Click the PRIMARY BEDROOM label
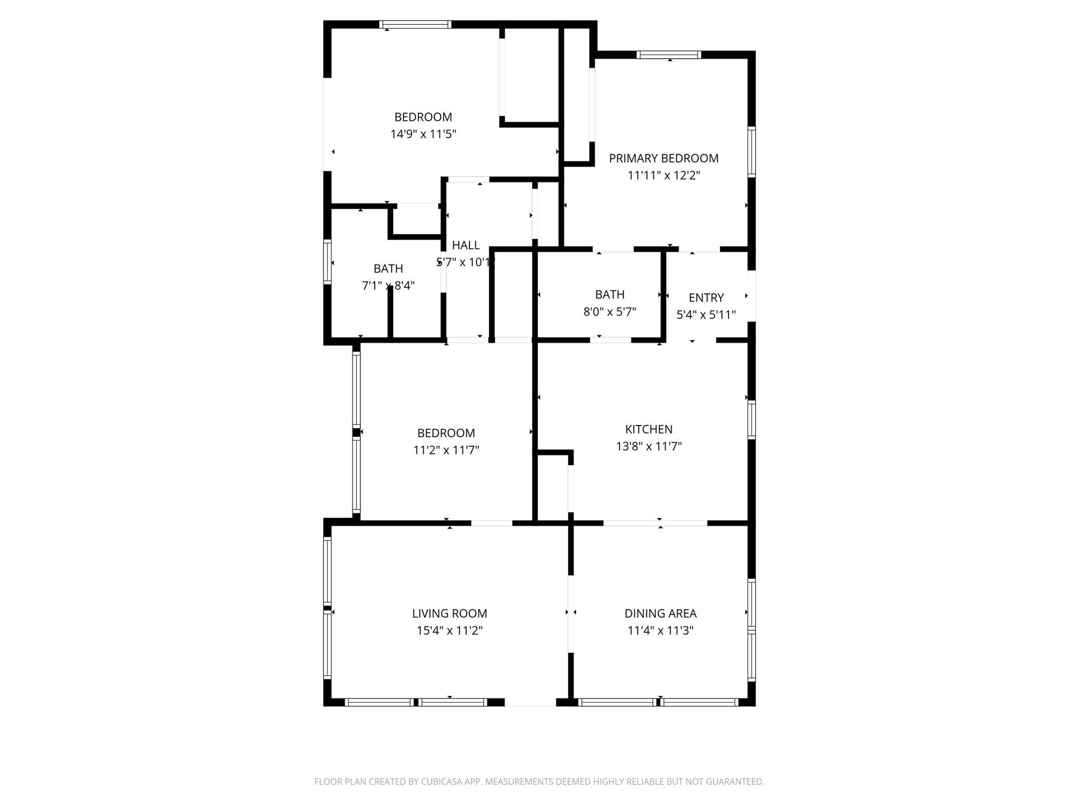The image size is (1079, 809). (663, 158)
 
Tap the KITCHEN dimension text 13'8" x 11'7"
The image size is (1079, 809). (649, 447)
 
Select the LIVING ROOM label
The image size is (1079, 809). (449, 613)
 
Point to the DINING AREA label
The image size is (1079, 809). (660, 613)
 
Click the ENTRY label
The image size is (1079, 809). (706, 298)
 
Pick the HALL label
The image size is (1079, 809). (466, 245)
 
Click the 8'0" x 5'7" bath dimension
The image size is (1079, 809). (610, 312)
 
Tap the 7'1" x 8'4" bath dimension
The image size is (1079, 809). (388, 285)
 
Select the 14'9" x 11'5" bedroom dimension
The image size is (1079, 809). (423, 134)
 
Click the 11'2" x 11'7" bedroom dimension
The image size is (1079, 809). (446, 450)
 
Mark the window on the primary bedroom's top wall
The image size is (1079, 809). (669, 55)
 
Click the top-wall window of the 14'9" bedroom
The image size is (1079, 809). (415, 24)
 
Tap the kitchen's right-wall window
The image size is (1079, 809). (752, 420)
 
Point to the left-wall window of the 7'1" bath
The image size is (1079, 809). (327, 262)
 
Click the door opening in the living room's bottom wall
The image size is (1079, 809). (530, 702)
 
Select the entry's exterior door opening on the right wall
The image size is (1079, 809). (752, 295)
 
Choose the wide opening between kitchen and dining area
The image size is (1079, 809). (655, 523)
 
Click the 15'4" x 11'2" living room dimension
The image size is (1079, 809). (449, 630)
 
